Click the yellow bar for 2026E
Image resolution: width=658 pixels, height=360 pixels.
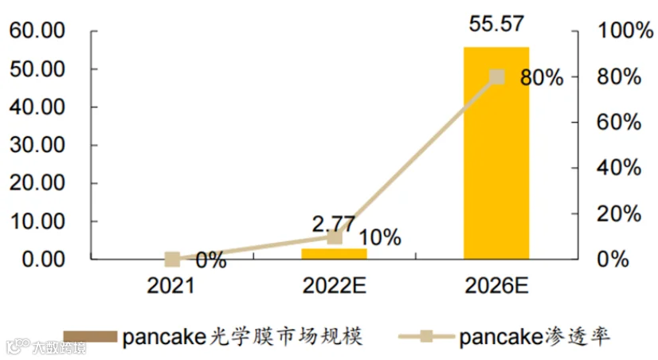click(496, 153)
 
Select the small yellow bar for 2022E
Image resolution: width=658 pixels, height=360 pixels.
click(334, 254)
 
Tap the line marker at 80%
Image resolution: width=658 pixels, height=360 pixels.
click(497, 76)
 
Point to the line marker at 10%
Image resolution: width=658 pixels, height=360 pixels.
click(335, 237)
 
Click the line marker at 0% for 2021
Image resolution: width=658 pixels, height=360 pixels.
click(172, 260)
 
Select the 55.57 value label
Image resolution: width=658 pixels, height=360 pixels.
click(496, 24)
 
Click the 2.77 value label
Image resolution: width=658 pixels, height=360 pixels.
click(334, 224)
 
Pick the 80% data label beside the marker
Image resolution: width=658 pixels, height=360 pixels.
click(542, 78)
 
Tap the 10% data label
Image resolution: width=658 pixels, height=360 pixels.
click(380, 237)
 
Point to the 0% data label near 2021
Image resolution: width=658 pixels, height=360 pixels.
click(211, 260)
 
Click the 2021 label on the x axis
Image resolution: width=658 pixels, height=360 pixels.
click(170, 286)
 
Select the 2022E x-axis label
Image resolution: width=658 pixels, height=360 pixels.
click(334, 286)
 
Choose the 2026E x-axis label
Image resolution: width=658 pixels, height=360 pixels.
click(496, 286)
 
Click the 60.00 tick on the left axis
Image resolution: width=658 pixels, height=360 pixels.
click(37, 30)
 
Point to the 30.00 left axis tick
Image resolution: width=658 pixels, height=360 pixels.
click(37, 145)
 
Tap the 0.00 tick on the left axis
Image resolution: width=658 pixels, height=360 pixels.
click(43, 260)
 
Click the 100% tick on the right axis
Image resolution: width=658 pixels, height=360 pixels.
click(625, 30)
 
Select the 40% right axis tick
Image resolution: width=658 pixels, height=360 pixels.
click(619, 168)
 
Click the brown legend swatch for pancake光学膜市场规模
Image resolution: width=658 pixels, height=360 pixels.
click(90, 336)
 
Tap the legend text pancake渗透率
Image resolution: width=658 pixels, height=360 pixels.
click(535, 337)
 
